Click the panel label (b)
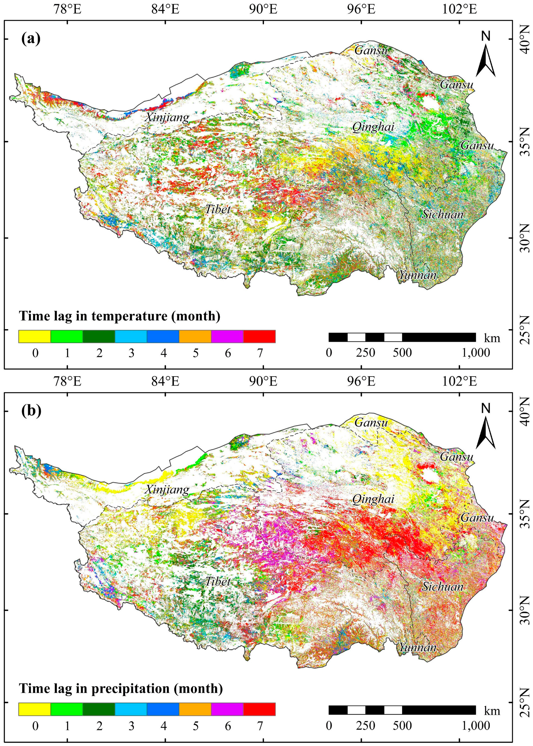31,411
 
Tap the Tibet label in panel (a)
218,209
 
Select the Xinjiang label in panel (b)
167,489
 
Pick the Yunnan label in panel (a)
417,275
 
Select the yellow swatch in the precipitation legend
34,708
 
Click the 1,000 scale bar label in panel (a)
476,353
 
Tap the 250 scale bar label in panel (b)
366,725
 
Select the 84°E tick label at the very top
165,9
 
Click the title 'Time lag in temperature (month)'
119,316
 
